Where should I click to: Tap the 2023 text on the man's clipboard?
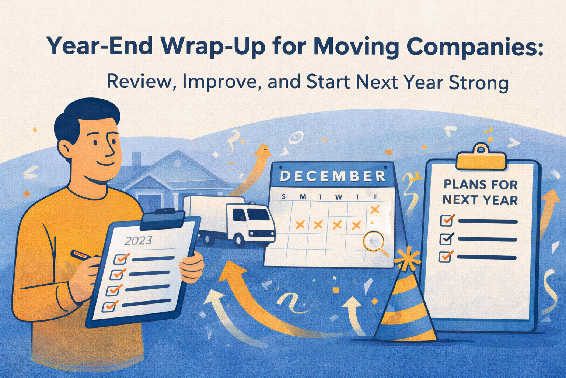tap(138, 241)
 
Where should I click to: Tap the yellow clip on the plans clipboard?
tap(480, 159)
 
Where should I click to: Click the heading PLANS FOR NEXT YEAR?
tap(480, 192)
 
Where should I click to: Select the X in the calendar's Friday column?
tap(374, 210)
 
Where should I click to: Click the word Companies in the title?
tap(469, 47)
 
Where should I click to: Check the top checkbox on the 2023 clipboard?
tap(120, 259)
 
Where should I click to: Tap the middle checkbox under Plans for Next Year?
tap(446, 239)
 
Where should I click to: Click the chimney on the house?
tap(136, 159)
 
